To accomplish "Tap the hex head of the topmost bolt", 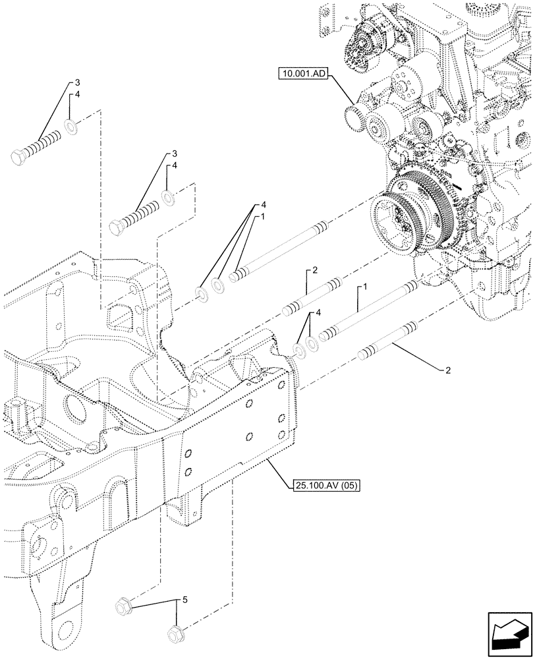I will (19, 156).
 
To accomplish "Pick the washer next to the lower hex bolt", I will (167, 197).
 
